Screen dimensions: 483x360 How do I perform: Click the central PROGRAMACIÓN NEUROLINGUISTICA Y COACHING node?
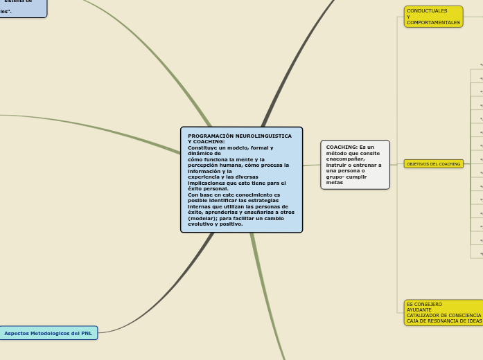pyautogui.click(x=241, y=179)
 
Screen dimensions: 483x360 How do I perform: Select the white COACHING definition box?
pyautogui.click(x=355, y=165)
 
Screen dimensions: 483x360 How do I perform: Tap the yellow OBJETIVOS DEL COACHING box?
pyautogui.click(x=433, y=164)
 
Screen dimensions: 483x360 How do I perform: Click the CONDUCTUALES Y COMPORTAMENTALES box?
pyautogui.click(x=433, y=17)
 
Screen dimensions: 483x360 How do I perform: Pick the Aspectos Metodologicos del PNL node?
pyautogui.click(x=48, y=333)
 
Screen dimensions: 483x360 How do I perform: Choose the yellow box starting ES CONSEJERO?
pyautogui.click(x=444, y=313)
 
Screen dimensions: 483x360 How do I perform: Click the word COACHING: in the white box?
pyautogui.click(x=342, y=147)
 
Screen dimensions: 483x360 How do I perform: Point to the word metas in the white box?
pyautogui.click(x=335, y=183)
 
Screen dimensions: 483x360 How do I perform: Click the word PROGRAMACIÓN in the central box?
pyautogui.click(x=211, y=136)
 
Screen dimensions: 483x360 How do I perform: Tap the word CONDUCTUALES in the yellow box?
pyautogui.click(x=427, y=11)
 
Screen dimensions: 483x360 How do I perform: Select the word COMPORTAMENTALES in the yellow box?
pyautogui.click(x=433, y=23)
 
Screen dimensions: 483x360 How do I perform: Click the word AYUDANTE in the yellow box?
pyautogui.click(x=419, y=310)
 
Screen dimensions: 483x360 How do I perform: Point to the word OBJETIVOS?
pyautogui.click(x=417, y=164)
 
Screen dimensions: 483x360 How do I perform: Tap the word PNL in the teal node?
pyautogui.click(x=86, y=333)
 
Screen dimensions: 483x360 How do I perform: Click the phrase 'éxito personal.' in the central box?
pyautogui.click(x=208, y=188)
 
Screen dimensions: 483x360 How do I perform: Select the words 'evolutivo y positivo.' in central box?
pyautogui.click(x=215, y=224)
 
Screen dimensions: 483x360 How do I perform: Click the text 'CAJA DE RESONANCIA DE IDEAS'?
pyautogui.click(x=444, y=321)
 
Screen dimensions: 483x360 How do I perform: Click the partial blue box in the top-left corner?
pyautogui.click(x=21, y=7)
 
